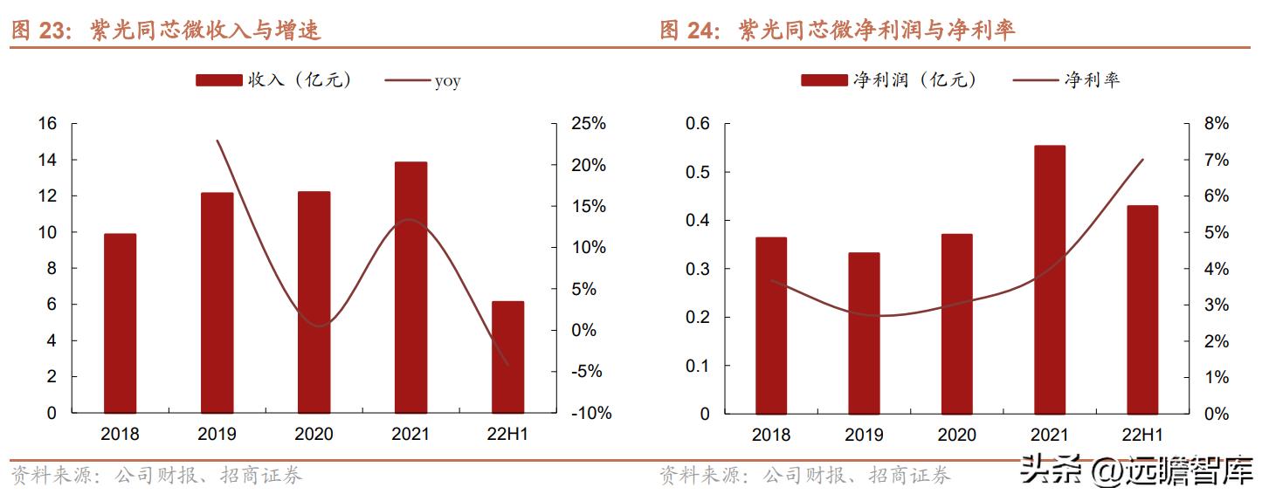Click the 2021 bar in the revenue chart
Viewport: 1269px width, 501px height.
click(410, 287)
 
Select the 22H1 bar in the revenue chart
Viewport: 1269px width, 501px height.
click(507, 357)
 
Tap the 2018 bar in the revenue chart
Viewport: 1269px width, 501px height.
click(120, 323)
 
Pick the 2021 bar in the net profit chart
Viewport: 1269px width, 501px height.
click(1049, 279)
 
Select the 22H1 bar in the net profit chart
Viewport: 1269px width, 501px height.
click(1141, 309)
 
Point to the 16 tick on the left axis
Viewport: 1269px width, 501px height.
click(47, 124)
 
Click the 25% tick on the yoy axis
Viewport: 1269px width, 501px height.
click(589, 124)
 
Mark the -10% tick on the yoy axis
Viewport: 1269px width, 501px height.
click(591, 414)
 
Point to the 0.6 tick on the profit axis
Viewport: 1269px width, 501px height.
click(698, 124)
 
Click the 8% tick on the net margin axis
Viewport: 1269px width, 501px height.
click(1216, 124)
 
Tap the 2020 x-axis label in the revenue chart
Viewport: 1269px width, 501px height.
click(314, 434)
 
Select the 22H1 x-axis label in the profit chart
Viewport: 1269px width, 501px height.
click(1141, 434)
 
